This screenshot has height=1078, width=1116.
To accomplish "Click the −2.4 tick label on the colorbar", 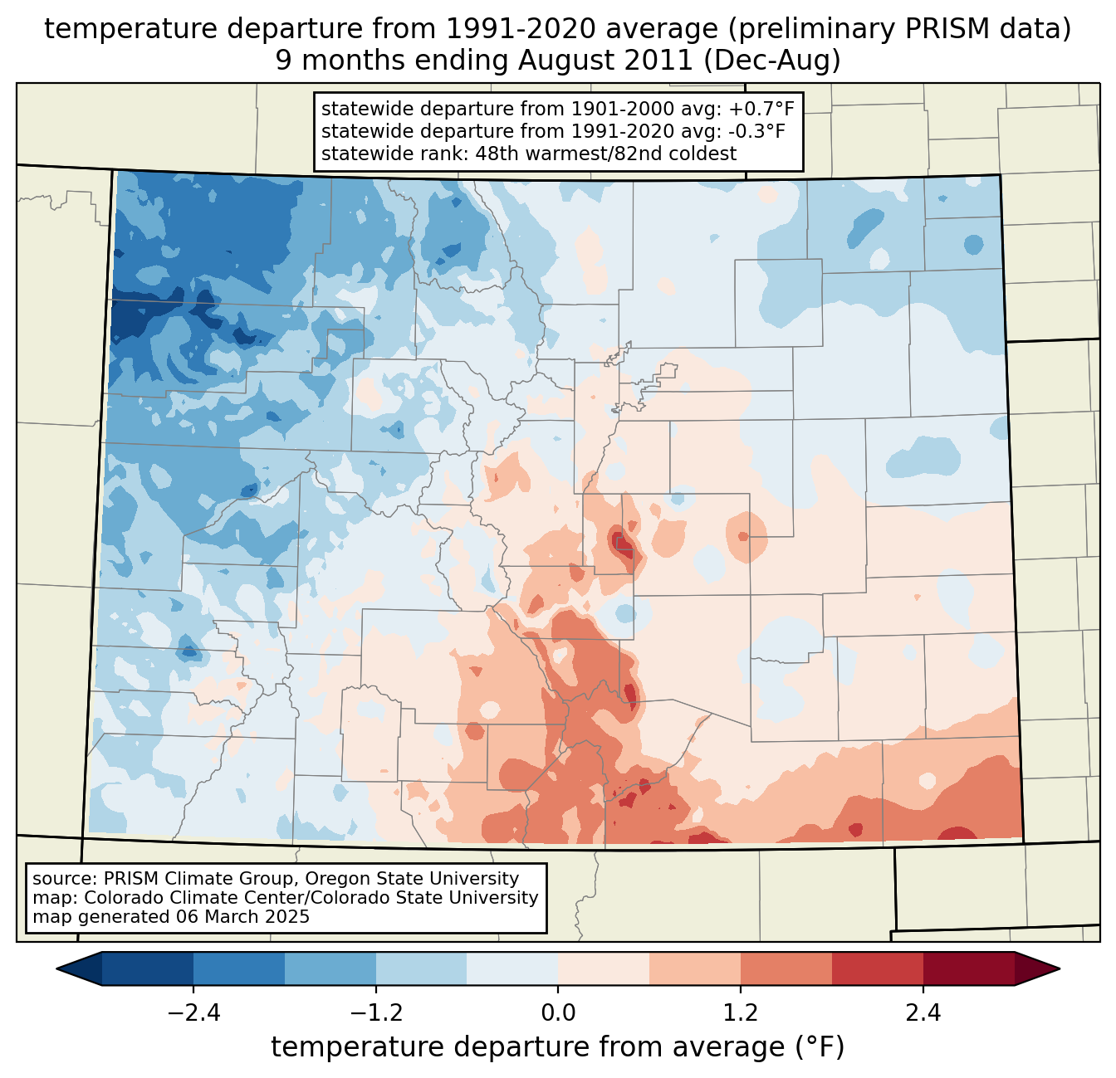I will [193, 1013].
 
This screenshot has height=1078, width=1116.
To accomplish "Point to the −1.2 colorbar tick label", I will [375, 1013].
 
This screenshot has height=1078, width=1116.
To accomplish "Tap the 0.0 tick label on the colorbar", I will [558, 1013].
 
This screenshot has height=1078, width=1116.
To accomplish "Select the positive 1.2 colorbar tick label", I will [741, 1013].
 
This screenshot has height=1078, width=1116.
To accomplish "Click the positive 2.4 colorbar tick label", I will [923, 1013].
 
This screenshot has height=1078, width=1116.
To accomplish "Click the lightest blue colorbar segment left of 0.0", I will [512, 968].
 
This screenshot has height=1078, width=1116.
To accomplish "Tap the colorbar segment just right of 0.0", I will [604, 968].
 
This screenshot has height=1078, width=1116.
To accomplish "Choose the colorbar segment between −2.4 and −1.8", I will [238, 968].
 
